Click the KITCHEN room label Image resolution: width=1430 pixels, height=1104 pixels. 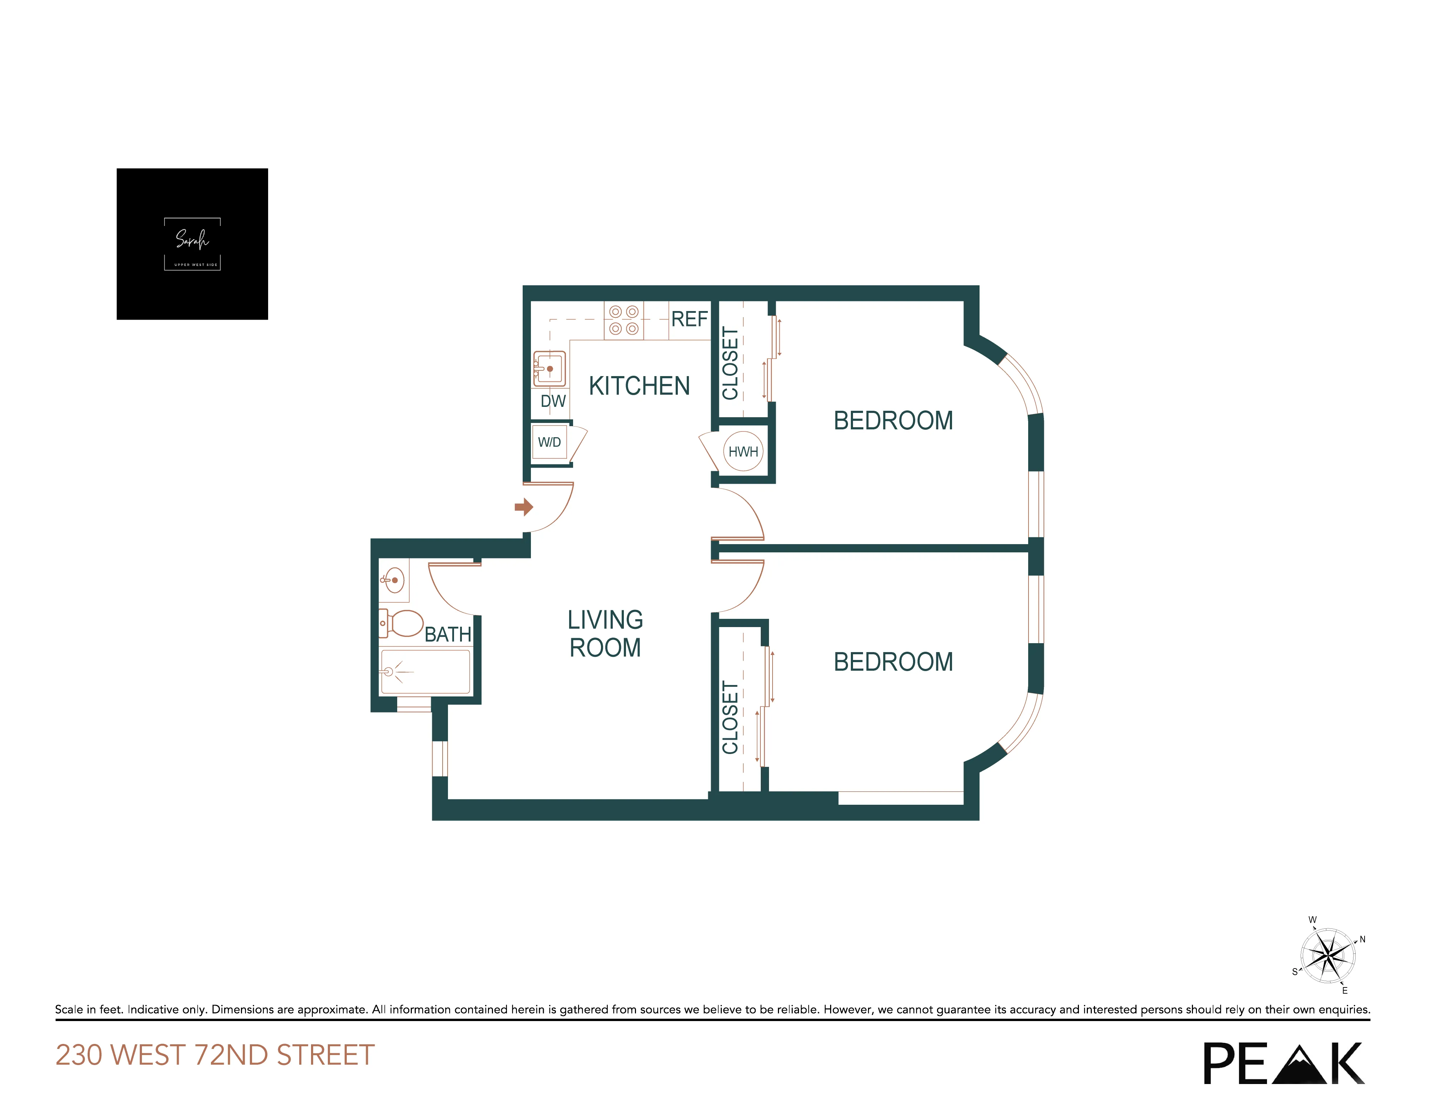pos(639,386)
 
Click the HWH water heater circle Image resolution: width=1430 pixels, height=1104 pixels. pos(743,451)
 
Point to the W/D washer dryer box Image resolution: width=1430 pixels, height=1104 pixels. pos(549,443)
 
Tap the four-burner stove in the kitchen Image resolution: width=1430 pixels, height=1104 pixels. pos(623,320)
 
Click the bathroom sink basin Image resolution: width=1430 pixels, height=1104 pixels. pos(394,580)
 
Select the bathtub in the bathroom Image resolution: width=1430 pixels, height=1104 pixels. pos(425,671)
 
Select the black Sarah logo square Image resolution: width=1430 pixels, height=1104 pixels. pos(192,243)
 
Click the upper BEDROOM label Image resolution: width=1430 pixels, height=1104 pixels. pos(893,420)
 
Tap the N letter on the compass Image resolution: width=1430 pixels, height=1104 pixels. pos(1362,939)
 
